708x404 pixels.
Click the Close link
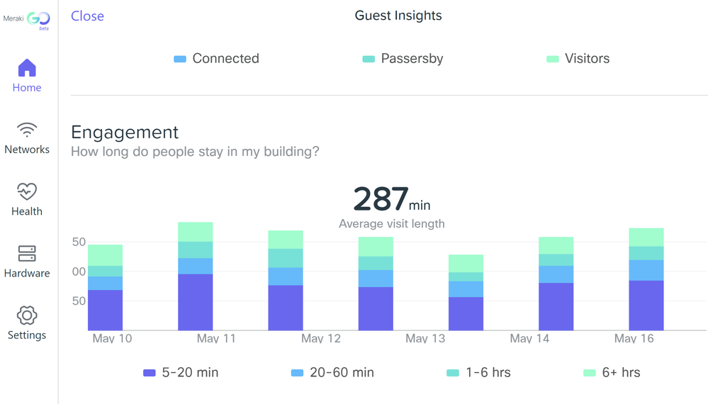click(87, 16)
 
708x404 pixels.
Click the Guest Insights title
click(398, 16)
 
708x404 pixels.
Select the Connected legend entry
click(217, 59)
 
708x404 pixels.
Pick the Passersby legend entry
click(403, 59)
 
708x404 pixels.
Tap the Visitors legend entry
click(578, 59)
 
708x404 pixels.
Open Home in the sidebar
click(27, 69)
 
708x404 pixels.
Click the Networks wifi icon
click(27, 130)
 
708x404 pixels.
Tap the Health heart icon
click(27, 192)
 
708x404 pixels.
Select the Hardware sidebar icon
click(27, 254)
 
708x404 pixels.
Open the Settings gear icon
click(27, 315)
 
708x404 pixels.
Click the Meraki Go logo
click(27, 21)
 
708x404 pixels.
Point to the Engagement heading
click(125, 133)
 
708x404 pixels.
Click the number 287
click(381, 199)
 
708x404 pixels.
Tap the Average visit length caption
click(391, 224)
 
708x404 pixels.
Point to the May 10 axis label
click(112, 338)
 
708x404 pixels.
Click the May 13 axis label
click(425, 338)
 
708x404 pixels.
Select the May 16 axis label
click(634, 338)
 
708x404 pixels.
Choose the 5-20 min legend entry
click(181, 373)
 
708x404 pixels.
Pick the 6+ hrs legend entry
click(612, 373)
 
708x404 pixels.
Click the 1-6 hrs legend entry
click(479, 373)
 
